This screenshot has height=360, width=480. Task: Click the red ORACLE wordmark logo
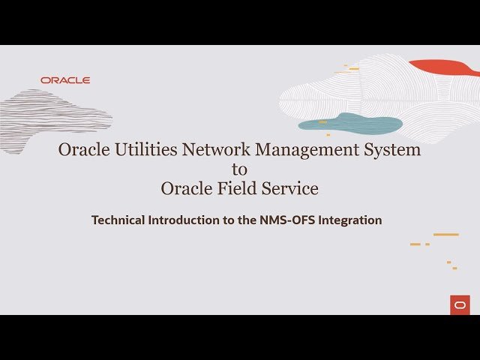point(65,80)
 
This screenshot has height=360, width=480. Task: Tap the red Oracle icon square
point(460,304)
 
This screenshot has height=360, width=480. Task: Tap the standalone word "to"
point(239,169)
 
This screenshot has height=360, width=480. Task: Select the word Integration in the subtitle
point(351,220)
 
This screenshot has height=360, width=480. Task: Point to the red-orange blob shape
point(445,67)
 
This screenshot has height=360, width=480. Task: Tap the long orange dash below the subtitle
point(445,235)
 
